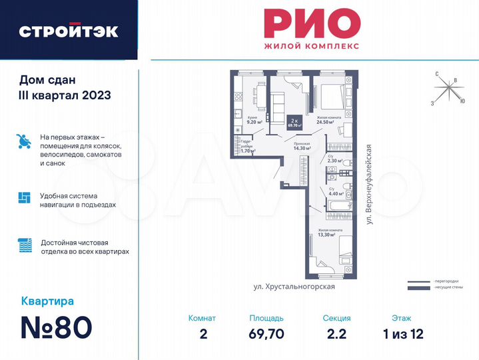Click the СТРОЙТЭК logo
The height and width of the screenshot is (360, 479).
tap(69, 31)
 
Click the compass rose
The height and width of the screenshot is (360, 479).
tap(448, 89)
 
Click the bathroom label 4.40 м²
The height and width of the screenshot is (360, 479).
tap(336, 194)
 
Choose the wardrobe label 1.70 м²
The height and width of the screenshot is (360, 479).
tap(248, 151)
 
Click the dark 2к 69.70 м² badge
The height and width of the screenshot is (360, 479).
tap(294, 122)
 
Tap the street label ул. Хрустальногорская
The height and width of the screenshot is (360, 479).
tap(294, 286)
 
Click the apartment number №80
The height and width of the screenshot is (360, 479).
tap(57, 327)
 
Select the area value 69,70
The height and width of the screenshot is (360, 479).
tap(266, 334)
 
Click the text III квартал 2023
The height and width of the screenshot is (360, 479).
tap(65, 95)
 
